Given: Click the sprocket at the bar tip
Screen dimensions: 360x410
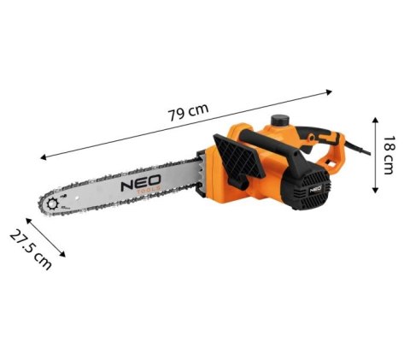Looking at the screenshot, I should pos(57,205).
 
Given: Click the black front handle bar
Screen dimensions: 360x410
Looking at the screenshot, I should pos(282,150).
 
